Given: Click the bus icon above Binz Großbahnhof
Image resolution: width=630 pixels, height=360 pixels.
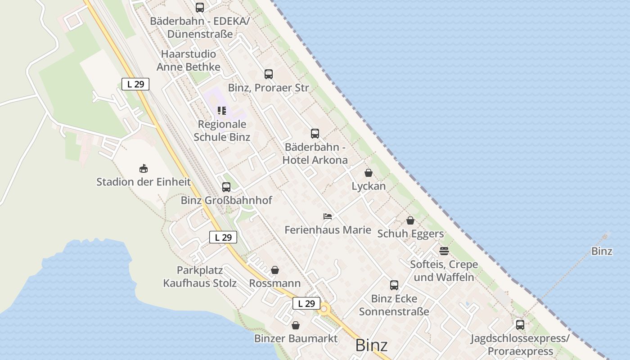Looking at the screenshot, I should coord(226,187).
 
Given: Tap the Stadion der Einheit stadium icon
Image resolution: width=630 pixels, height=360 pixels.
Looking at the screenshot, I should coord(144,168).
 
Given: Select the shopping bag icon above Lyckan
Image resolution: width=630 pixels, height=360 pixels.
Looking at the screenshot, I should coord(369,173).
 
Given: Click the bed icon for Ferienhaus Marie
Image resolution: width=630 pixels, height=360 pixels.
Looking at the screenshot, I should coord(328,216).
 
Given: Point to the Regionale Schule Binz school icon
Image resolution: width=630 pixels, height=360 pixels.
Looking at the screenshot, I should coord(221,110).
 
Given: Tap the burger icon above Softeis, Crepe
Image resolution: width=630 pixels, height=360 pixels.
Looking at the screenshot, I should coord(444,251).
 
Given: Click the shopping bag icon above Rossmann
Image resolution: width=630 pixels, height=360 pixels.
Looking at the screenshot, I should coord(275,270).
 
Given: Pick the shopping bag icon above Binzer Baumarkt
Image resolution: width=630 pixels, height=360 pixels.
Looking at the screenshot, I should coord(296,325).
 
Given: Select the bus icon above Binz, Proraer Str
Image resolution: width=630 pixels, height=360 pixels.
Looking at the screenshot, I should coord(269,74).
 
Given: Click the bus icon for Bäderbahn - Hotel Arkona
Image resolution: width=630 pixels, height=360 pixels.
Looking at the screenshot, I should coord(315,133).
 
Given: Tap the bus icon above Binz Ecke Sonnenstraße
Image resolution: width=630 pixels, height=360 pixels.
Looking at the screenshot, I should coord(394,285).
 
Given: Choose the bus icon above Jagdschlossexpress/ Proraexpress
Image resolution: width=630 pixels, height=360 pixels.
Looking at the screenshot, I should coord(520,324).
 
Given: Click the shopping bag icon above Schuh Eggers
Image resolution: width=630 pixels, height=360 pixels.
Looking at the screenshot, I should coord(410,220).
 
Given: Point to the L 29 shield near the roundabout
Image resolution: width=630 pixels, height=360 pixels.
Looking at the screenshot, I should coord(306,303).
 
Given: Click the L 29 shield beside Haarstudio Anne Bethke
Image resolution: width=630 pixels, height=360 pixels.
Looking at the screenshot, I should coord(135,84).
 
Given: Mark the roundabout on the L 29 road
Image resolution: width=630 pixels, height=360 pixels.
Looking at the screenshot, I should coord(324,309).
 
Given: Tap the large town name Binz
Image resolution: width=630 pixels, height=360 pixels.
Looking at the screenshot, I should coord(371,345).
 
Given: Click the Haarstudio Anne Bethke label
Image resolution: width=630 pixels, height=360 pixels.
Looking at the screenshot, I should coord(189,60).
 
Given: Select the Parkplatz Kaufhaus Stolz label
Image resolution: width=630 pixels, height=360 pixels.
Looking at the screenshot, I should coord(200,277).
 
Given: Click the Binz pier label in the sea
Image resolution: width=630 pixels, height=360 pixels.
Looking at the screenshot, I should coord(602,251).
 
